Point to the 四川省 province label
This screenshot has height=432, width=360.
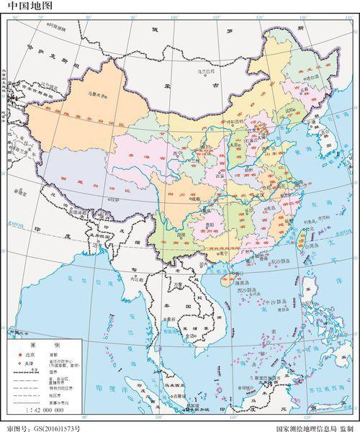[171, 194]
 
